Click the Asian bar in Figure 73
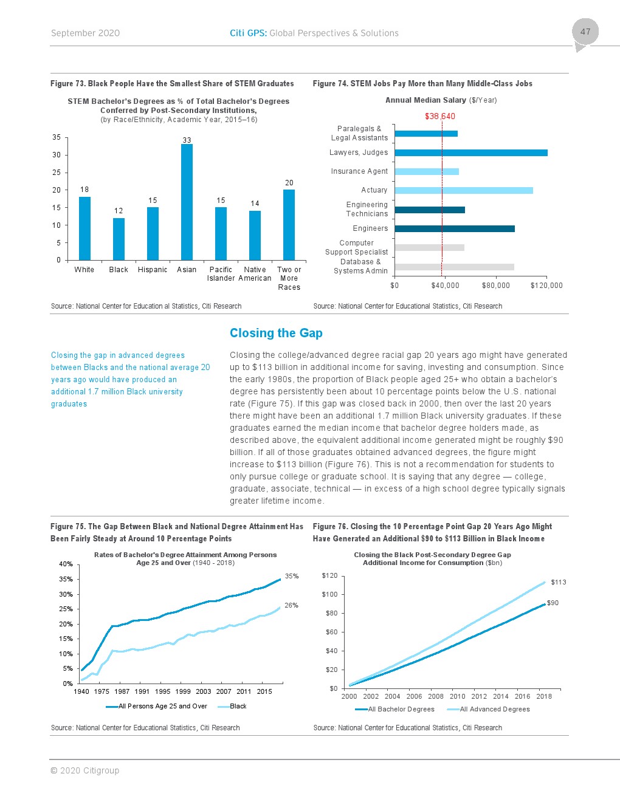tap(187, 202)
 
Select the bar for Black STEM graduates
tap(119, 239)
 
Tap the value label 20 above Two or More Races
tap(289, 183)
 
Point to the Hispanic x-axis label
tap(153, 270)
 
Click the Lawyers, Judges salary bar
tap(470, 153)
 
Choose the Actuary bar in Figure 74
tap(463, 190)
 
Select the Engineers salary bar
tap(454, 228)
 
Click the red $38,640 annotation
tap(440, 116)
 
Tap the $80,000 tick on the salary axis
tap(496, 286)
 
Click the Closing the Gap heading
tap(276, 333)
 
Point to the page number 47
tap(585, 32)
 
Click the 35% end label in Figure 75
tap(292, 576)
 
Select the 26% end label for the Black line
tap(292, 605)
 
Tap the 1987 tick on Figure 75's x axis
tap(122, 691)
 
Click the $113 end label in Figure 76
tap(559, 582)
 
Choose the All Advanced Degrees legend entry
tap(494, 709)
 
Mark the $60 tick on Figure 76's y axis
tap(331, 632)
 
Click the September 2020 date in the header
tap(86, 33)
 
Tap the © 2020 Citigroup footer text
tap(85, 770)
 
